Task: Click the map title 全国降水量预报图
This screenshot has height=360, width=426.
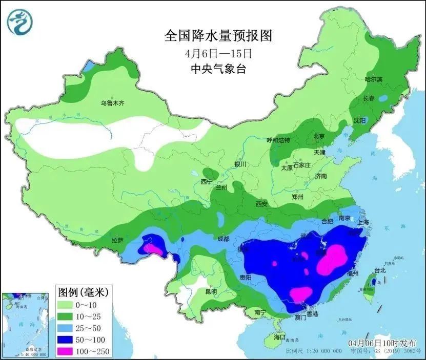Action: pos(217,36)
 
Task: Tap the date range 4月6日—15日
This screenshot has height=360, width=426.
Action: pos(217,53)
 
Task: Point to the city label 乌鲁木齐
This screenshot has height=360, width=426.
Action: pos(112,103)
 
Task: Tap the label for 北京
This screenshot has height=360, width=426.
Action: pos(319,136)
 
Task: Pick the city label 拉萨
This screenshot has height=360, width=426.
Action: pos(117,240)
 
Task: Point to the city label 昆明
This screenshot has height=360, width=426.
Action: pos(211,291)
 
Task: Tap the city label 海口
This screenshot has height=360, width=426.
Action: pos(279,337)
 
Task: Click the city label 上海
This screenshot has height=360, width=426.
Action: pos(363,223)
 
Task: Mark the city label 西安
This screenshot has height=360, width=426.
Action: pos(261,204)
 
